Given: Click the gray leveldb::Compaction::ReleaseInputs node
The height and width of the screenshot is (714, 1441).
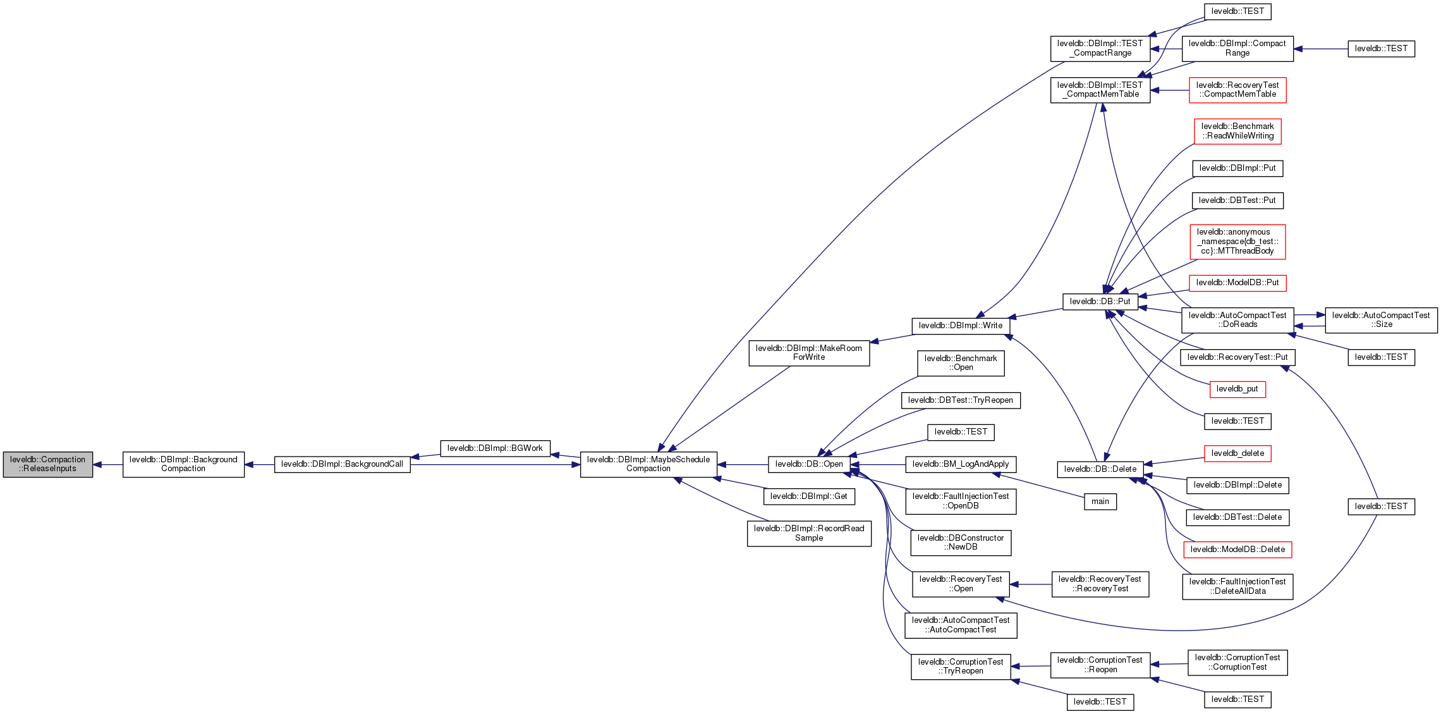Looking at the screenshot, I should (x=48, y=464).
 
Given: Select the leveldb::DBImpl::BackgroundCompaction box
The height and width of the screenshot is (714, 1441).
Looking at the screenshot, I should (x=183, y=464).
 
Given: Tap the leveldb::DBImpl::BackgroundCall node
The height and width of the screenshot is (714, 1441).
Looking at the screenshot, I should (x=342, y=464).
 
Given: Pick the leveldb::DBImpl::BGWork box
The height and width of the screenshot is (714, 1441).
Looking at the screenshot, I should (x=495, y=448).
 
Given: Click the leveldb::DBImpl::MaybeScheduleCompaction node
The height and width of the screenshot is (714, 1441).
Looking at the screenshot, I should (x=648, y=464).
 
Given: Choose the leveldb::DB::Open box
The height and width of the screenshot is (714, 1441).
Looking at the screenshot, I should (x=809, y=464).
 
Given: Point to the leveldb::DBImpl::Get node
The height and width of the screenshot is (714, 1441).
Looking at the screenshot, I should (x=809, y=496).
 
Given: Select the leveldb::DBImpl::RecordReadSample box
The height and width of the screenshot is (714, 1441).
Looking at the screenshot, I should (x=809, y=533).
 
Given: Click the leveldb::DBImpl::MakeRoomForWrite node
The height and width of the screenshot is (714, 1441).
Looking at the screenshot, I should (x=809, y=353).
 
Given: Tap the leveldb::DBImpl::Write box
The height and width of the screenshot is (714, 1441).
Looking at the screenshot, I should (x=961, y=326).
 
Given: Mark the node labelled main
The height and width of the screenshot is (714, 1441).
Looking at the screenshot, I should (x=1100, y=502).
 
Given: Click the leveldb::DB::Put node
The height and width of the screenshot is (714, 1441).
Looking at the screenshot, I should (x=1100, y=302).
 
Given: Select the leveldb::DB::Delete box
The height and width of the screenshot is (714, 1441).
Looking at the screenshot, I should (x=1100, y=469).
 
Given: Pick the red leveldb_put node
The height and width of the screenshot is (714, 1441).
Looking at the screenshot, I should (x=1237, y=389).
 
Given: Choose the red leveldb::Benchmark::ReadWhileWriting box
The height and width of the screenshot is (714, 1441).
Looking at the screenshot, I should (x=1237, y=131).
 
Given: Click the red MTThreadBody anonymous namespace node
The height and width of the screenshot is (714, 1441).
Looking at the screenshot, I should (x=1237, y=242).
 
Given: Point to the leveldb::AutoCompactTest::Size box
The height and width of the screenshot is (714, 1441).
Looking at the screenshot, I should (x=1381, y=320).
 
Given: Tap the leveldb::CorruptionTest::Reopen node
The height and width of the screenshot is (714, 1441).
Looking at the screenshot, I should (x=1100, y=665).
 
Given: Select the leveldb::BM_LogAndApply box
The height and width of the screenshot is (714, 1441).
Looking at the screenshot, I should (x=961, y=464).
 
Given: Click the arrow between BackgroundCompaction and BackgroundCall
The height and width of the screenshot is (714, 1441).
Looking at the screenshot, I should (x=259, y=465).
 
